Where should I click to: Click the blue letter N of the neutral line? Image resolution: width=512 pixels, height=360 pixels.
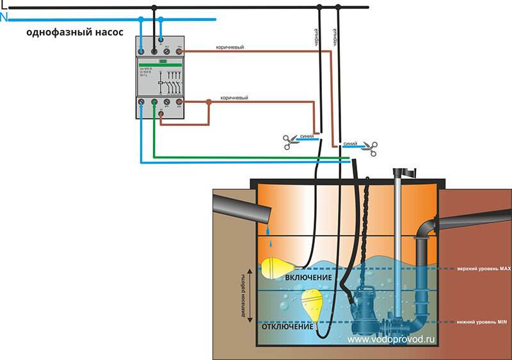pos(4,17)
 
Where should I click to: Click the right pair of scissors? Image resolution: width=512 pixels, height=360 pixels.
pos(368,148)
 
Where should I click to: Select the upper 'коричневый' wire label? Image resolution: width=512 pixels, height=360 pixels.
pos(230,48)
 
